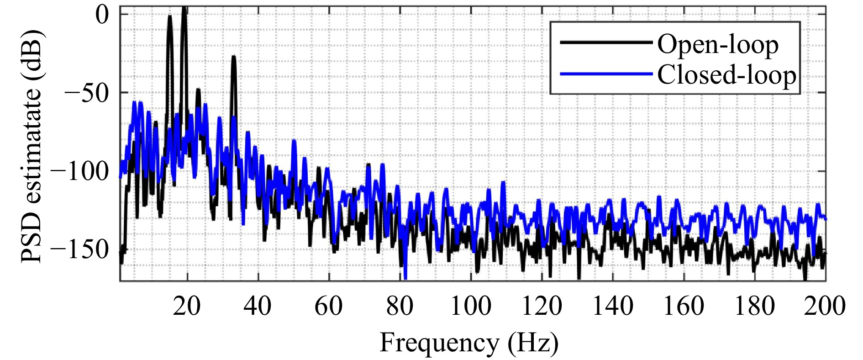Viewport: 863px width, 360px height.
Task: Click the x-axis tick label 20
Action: (187, 306)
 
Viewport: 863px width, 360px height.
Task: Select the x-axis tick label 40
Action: (258, 306)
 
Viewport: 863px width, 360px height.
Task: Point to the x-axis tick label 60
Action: (328, 306)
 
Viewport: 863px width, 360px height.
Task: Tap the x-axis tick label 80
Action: (400, 306)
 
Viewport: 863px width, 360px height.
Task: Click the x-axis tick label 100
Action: (470, 306)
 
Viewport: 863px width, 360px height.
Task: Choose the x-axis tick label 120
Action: (542, 306)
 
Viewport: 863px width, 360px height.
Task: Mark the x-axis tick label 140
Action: (612, 306)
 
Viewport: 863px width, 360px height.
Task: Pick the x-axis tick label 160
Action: (684, 306)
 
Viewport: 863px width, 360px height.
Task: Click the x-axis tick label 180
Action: (754, 306)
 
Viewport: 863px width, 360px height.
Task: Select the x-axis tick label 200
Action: (825, 306)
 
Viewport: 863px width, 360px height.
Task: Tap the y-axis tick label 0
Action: (102, 15)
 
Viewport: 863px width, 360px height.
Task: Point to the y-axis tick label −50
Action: (87, 93)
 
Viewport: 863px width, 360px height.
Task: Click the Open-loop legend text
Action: (718, 45)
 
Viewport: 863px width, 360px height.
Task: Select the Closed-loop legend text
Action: (726, 74)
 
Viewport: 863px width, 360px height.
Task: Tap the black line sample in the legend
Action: (606, 42)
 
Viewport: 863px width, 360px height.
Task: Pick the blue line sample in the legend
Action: (606, 74)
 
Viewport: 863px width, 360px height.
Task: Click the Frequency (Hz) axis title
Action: (469, 343)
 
